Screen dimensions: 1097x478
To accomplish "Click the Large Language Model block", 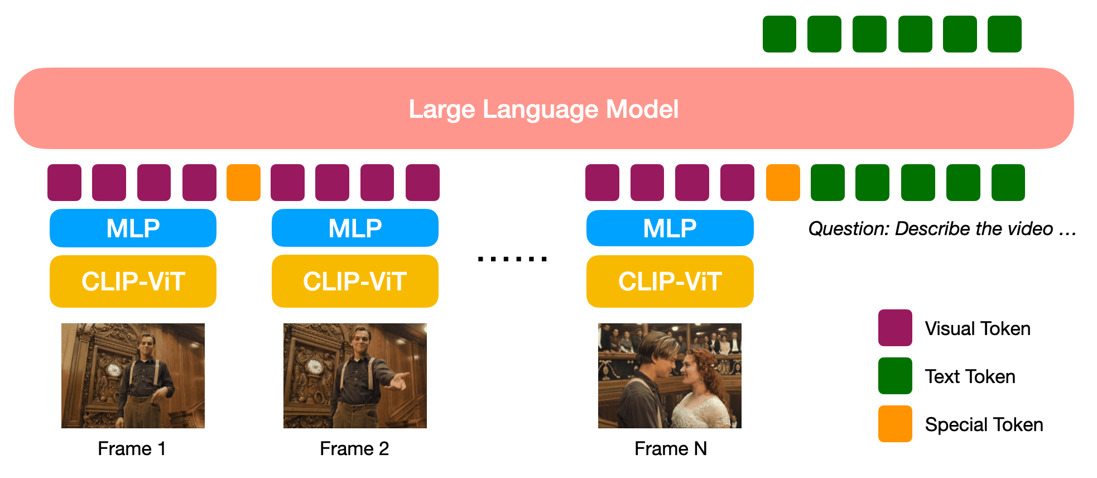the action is click(x=544, y=108).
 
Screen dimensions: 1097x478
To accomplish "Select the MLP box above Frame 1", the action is click(x=133, y=228).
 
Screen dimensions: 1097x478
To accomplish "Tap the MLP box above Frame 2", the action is click(x=355, y=228).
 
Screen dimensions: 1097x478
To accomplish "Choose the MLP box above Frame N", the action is click(x=670, y=228).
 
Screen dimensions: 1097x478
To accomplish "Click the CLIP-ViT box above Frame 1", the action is click(x=133, y=281).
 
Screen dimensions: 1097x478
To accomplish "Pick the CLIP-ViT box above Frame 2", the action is click(x=355, y=281).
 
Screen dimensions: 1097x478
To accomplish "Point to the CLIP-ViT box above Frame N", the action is click(x=670, y=281).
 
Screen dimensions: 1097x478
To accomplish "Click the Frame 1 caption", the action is click(x=132, y=448).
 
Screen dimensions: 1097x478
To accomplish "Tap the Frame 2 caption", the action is click(x=354, y=448).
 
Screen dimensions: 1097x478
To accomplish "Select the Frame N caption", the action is click(x=671, y=448).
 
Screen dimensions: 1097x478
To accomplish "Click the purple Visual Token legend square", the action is click(x=895, y=328).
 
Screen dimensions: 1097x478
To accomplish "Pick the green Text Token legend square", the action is click(x=895, y=376).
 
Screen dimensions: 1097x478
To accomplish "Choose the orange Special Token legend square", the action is click(x=895, y=424).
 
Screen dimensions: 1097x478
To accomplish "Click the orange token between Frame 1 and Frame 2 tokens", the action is click(x=243, y=183).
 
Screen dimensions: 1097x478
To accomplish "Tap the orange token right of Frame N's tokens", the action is click(x=783, y=183).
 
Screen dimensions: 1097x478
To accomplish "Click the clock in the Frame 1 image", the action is click(x=114, y=370).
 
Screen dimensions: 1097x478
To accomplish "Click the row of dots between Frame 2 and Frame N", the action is click(x=512, y=259).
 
